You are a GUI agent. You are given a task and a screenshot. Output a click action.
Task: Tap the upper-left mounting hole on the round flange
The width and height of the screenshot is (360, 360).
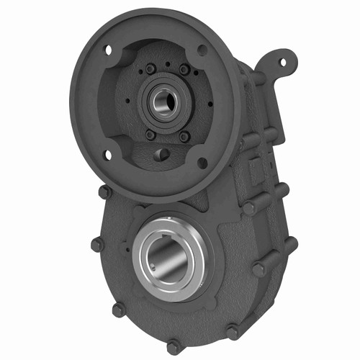(109, 51)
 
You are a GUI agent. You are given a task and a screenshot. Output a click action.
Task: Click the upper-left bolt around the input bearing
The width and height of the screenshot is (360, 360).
(150, 69)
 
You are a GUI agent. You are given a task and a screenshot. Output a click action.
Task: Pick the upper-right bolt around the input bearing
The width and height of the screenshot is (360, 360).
(185, 70)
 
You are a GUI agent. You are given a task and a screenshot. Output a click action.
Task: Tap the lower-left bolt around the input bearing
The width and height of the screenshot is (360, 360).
(150, 135)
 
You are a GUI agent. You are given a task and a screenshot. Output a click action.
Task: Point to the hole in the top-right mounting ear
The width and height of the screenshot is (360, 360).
(282, 61)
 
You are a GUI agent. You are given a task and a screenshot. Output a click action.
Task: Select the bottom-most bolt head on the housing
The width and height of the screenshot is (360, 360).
(174, 345)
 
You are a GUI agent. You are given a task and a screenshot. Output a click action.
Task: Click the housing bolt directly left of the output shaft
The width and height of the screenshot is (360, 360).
(96, 245)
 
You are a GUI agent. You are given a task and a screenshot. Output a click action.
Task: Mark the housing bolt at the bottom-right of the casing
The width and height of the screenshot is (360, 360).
(233, 332)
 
